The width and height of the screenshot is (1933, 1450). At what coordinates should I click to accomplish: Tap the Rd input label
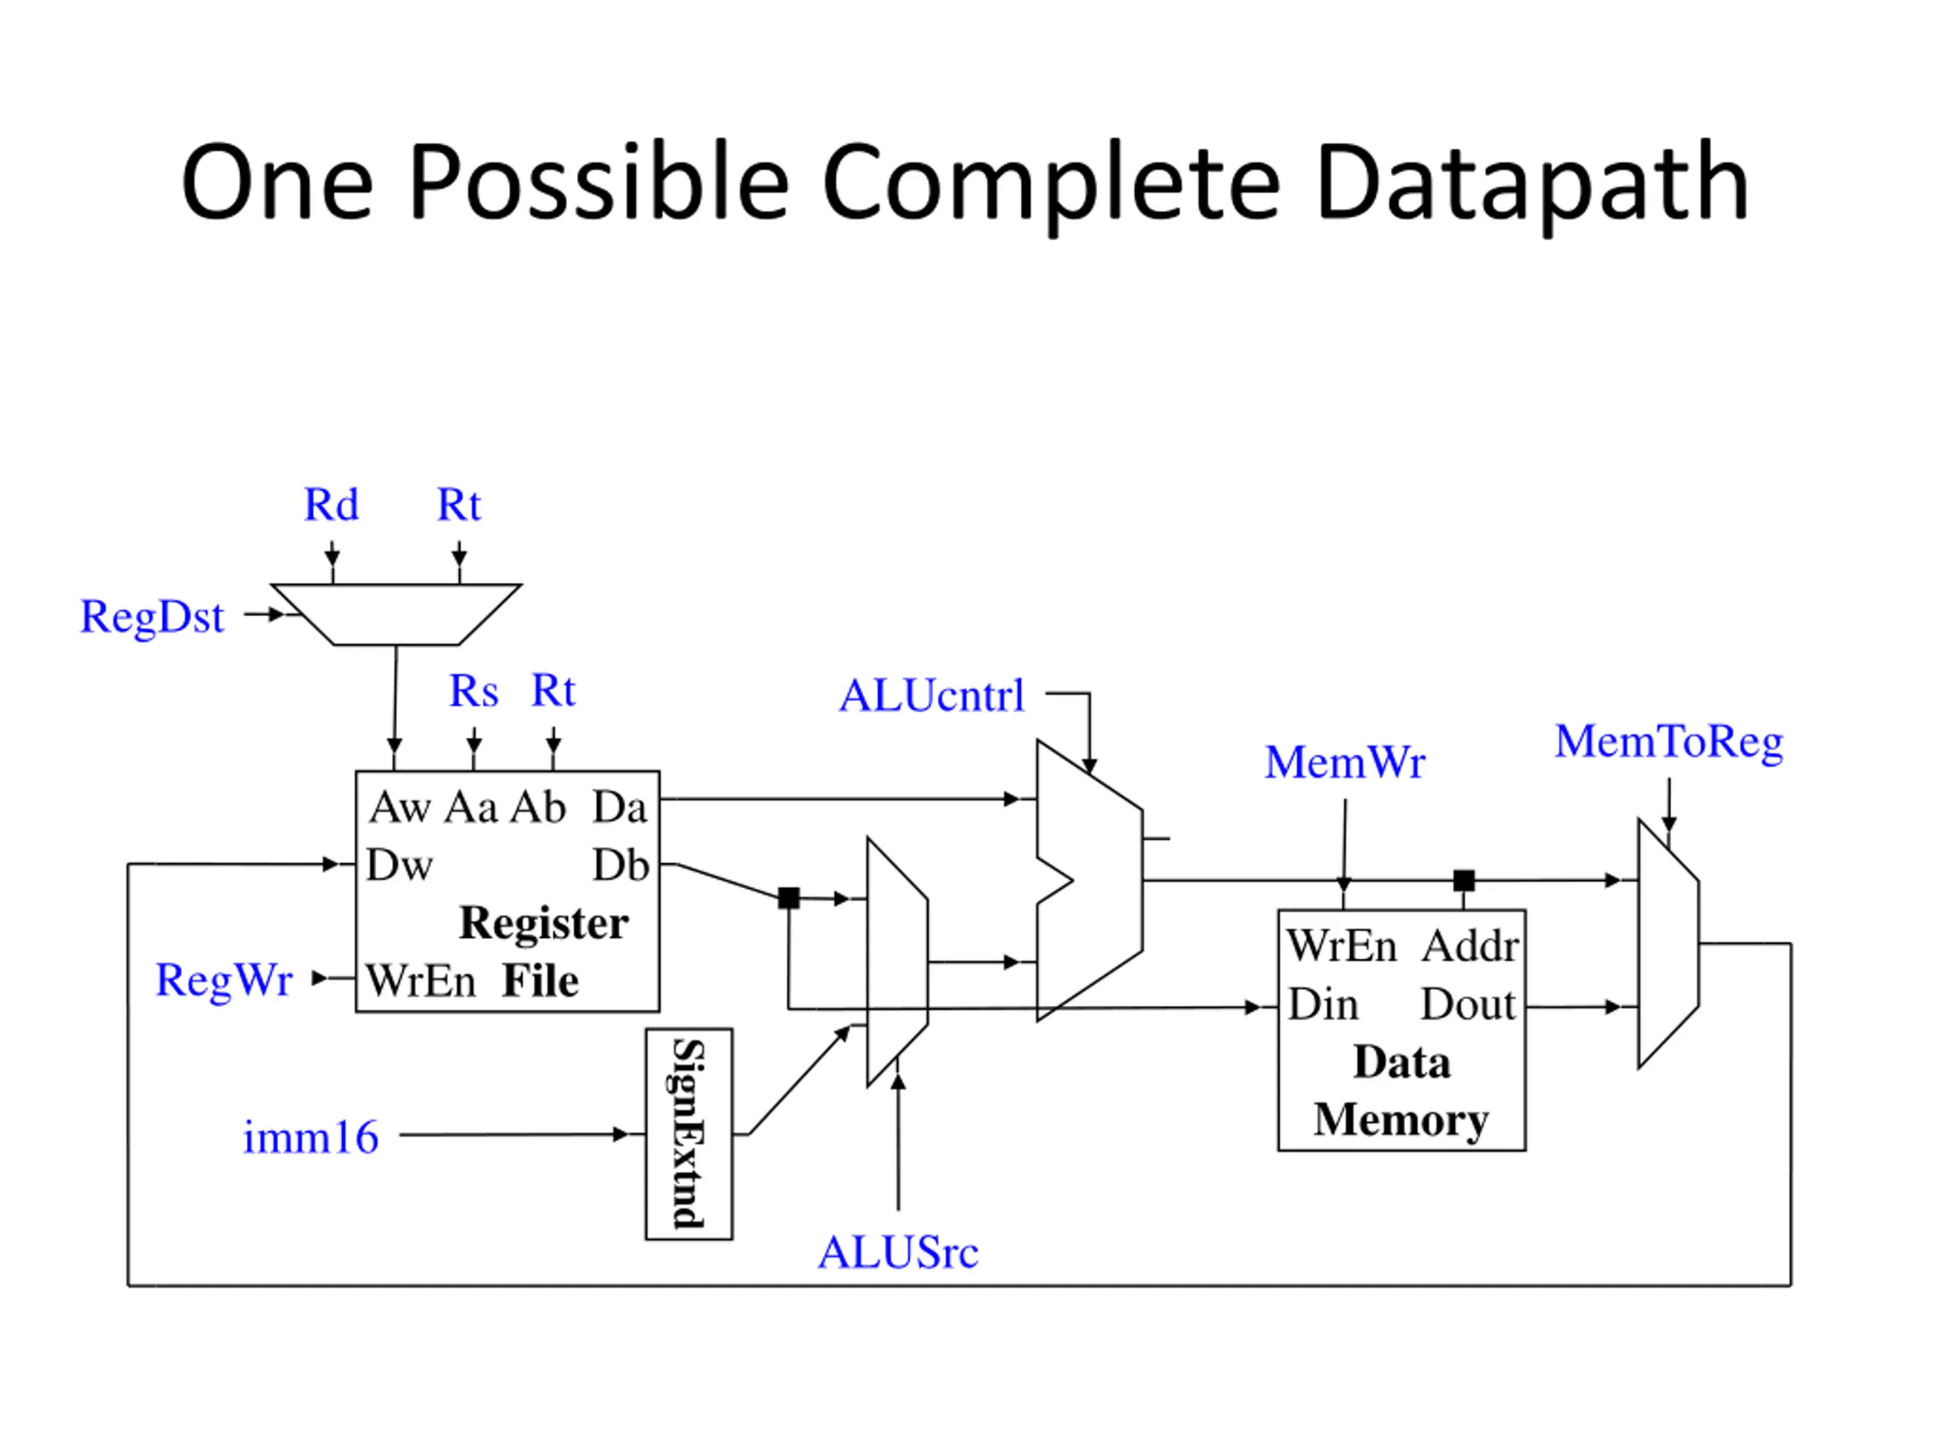click(x=331, y=504)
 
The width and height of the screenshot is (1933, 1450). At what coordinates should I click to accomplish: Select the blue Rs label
click(x=473, y=691)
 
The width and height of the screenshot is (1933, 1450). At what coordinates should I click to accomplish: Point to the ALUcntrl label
click(x=932, y=696)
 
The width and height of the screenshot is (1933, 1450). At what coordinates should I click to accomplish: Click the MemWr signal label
click(x=1345, y=762)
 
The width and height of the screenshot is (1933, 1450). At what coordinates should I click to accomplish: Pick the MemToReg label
click(x=1669, y=743)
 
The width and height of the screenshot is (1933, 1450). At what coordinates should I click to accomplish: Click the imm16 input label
click(x=311, y=1138)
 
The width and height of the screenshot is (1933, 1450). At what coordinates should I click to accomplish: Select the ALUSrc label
click(x=899, y=1252)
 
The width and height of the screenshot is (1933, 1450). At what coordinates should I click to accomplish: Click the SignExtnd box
click(x=689, y=1134)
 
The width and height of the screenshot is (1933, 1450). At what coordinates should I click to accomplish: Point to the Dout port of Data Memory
click(x=1468, y=1004)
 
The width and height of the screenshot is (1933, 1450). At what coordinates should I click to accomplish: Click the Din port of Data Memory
click(x=1323, y=1004)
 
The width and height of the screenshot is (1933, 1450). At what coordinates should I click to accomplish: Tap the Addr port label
click(x=1471, y=946)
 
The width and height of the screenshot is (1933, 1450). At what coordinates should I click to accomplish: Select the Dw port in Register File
click(x=399, y=865)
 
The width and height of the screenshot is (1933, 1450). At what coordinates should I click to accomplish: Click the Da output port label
click(x=620, y=807)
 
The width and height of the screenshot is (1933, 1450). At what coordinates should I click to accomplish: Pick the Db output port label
click(x=621, y=865)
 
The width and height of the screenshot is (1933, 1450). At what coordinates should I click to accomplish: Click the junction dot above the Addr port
click(x=1464, y=880)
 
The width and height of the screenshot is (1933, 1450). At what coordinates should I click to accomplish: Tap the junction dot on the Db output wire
click(x=788, y=898)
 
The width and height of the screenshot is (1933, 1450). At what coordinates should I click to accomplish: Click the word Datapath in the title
click(x=1532, y=184)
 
